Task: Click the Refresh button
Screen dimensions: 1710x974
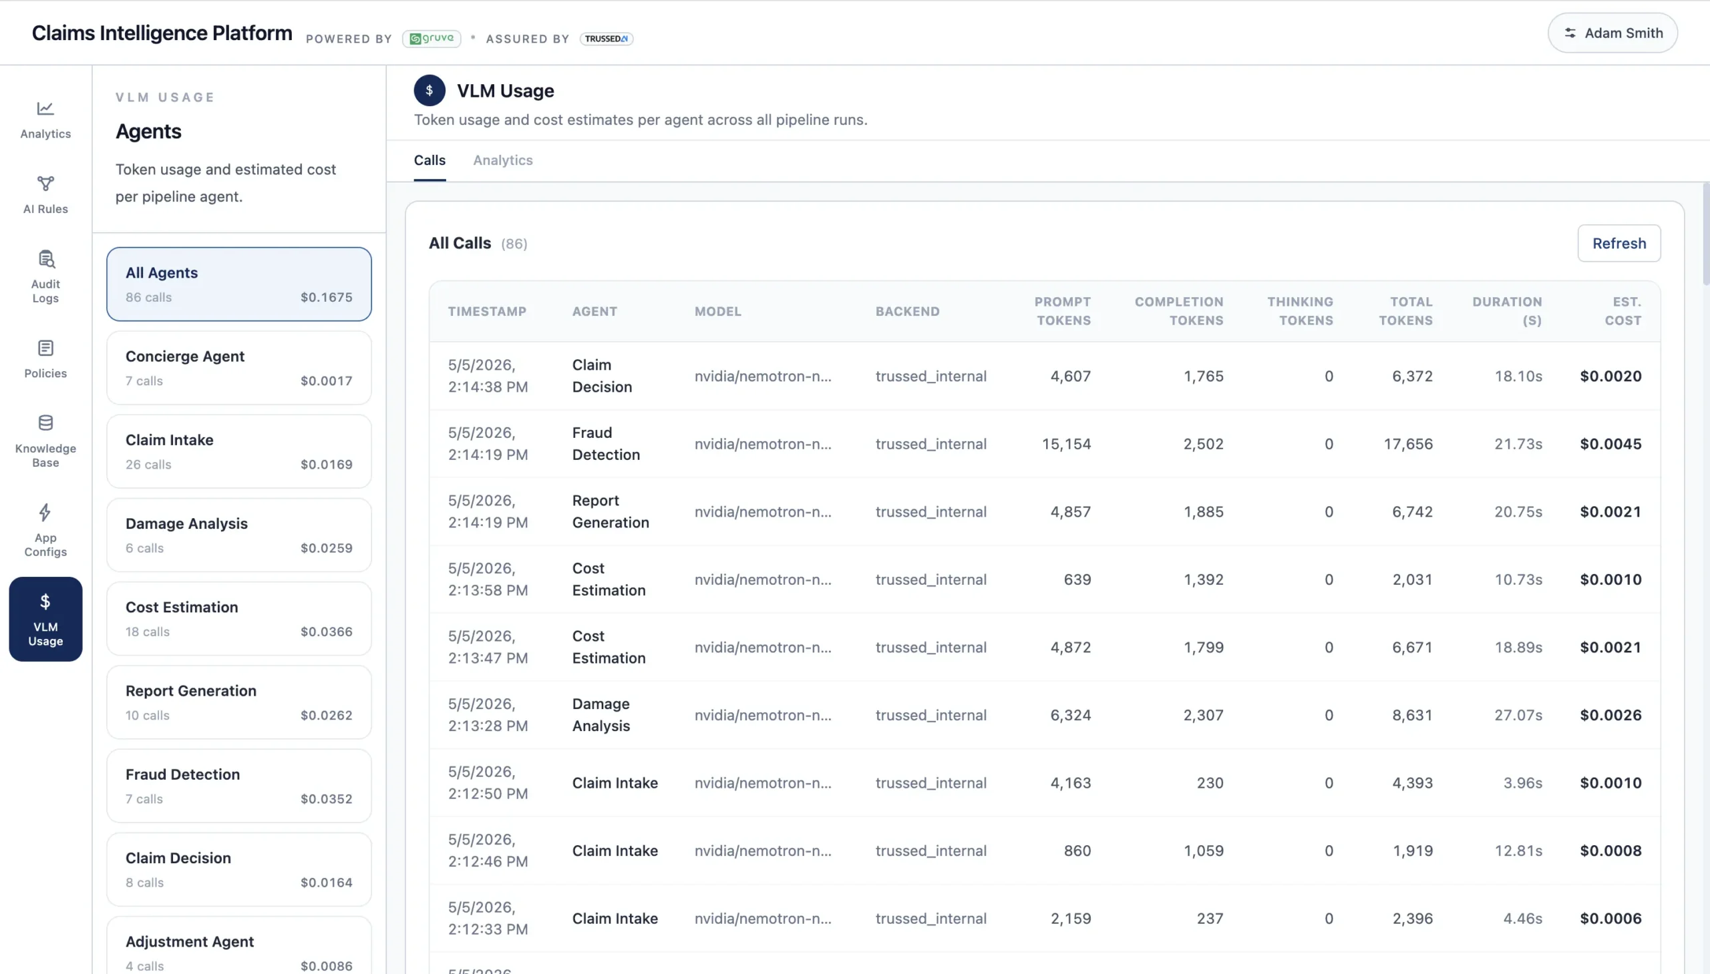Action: [1618, 244]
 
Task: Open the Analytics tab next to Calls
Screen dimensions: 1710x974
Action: [502, 160]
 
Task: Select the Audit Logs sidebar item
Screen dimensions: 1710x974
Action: [45, 277]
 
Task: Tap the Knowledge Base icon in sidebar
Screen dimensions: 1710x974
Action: [45, 423]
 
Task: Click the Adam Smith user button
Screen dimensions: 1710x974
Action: [1612, 33]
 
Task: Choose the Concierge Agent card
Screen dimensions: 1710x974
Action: [239, 368]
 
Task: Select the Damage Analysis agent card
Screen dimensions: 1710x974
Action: [239, 535]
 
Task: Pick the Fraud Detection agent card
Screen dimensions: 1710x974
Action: [239, 786]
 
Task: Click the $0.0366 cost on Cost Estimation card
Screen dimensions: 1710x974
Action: [326, 632]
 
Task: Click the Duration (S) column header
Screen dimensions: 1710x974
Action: [1506, 311]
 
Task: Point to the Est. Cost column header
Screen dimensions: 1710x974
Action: [1622, 311]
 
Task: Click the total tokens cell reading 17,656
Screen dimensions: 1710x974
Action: [1408, 444]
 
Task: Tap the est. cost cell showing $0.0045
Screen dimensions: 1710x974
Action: [1610, 444]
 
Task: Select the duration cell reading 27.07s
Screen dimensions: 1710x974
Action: [1518, 715]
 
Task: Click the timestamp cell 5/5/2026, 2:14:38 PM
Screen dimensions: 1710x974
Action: [488, 376]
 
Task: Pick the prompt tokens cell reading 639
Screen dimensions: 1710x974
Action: [1077, 580]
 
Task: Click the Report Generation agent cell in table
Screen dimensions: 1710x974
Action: [611, 512]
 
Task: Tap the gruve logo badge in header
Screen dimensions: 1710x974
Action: [432, 39]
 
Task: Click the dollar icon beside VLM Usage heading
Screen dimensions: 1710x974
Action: [430, 90]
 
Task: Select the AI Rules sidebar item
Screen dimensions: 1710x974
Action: [45, 195]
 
